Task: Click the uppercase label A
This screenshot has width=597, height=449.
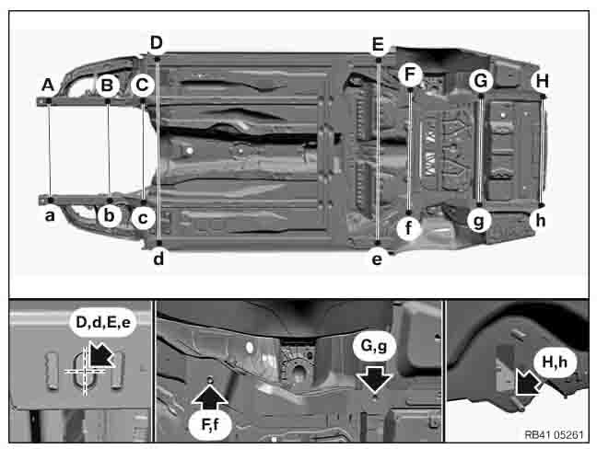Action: (48, 85)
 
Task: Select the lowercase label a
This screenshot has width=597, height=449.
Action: (50, 215)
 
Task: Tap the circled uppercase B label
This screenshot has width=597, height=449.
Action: (107, 86)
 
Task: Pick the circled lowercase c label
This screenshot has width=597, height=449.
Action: (143, 218)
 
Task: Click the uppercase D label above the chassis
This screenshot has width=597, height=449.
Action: (156, 43)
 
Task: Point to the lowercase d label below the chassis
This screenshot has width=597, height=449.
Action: (158, 259)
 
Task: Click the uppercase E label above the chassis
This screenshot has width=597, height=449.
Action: (378, 44)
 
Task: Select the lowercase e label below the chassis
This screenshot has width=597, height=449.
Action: (377, 259)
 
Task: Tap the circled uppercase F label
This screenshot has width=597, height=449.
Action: (410, 75)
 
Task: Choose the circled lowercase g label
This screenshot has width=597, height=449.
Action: (479, 221)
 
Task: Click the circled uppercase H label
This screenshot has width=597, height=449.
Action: (542, 81)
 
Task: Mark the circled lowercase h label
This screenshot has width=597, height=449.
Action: (540, 221)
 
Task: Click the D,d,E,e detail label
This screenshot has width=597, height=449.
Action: (103, 322)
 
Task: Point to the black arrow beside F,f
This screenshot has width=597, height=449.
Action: (210, 398)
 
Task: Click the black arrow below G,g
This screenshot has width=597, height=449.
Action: (375, 379)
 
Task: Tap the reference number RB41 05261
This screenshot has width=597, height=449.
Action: (554, 435)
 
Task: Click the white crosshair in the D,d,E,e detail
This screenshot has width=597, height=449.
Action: (86, 370)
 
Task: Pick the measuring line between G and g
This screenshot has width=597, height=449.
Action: (481, 151)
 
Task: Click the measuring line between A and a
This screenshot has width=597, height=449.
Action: (50, 150)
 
